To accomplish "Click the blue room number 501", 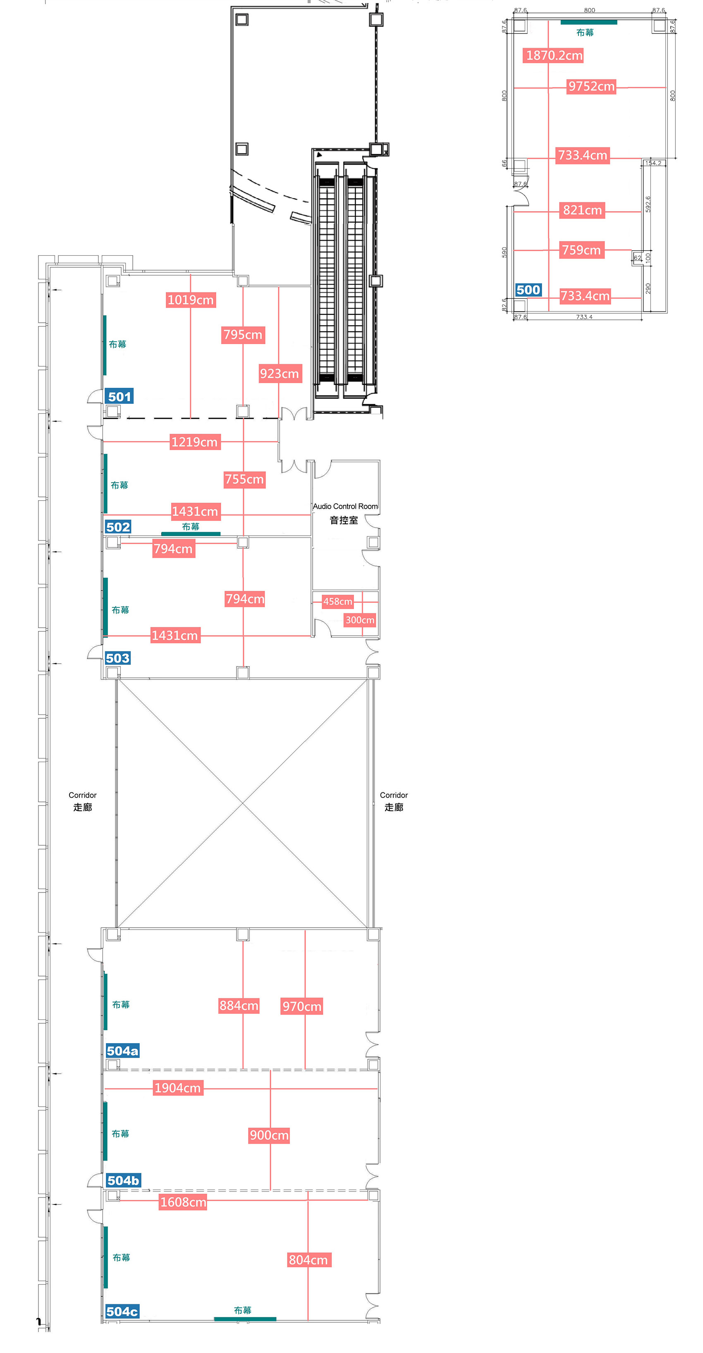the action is (120, 396).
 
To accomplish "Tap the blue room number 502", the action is (118, 527).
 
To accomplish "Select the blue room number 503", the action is (117, 658).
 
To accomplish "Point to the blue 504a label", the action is (123, 1051).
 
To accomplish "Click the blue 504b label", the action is (123, 1180).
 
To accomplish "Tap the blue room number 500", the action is (528, 290).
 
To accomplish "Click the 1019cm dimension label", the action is (191, 300).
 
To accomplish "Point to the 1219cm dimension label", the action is (195, 442).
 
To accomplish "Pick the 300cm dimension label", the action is (360, 620).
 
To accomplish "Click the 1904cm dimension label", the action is (178, 1088).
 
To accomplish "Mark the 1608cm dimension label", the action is (183, 1202).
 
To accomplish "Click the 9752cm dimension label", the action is (592, 86).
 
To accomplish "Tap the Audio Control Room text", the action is (345, 506).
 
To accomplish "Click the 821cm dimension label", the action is (583, 210).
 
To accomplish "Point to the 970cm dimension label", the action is (302, 1006).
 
